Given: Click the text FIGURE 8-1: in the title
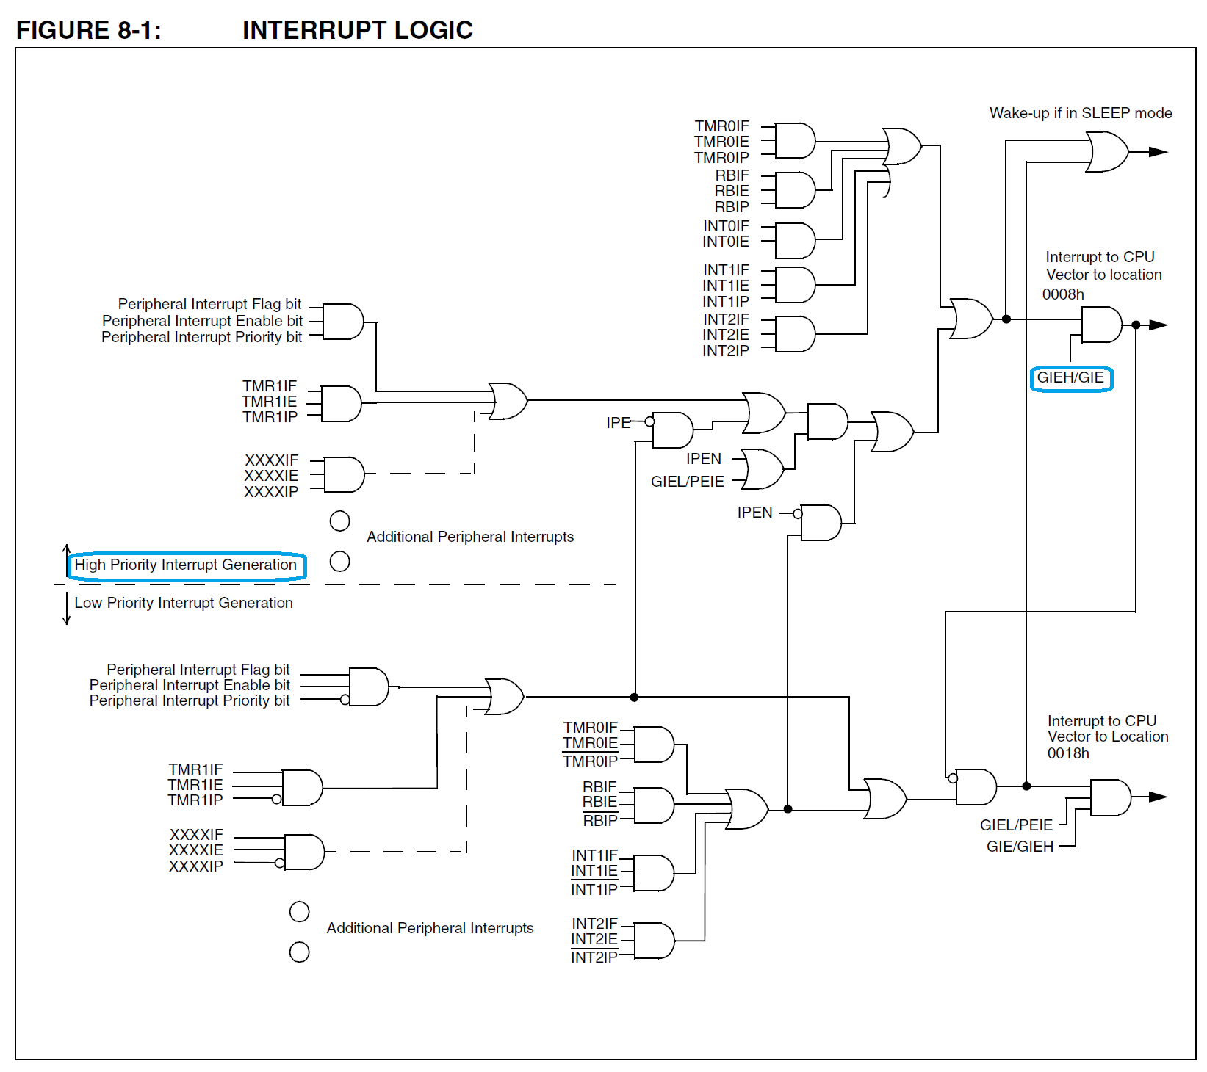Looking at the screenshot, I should pos(88,30).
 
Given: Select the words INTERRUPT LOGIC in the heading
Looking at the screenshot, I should pos(357,30).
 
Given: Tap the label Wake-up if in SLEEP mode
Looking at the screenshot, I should pos(1080,113).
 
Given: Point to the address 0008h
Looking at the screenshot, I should pos(1062,294).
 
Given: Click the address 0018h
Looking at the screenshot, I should pos(1067,753).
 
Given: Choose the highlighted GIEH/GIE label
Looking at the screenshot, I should pos(1070,378).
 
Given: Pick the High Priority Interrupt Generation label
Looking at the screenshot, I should pos(186,565).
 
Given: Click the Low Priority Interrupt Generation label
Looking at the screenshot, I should pos(184,603).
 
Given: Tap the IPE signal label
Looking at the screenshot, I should pos(618,423).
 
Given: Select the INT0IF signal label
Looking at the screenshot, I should pos(726,226).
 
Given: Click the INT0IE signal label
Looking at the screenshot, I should pos(726,242).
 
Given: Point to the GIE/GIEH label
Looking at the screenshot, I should pos(1020,847).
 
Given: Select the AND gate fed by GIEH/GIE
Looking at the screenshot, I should pos(1100,325).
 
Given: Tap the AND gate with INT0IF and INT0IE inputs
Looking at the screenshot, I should pos(794,240).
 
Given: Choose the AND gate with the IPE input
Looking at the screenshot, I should pos(672,430).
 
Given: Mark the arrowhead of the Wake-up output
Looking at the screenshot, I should pos(1158,152).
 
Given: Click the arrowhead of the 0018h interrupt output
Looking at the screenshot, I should pos(1158,797).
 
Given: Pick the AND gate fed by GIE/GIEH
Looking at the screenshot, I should pos(1110,797).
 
